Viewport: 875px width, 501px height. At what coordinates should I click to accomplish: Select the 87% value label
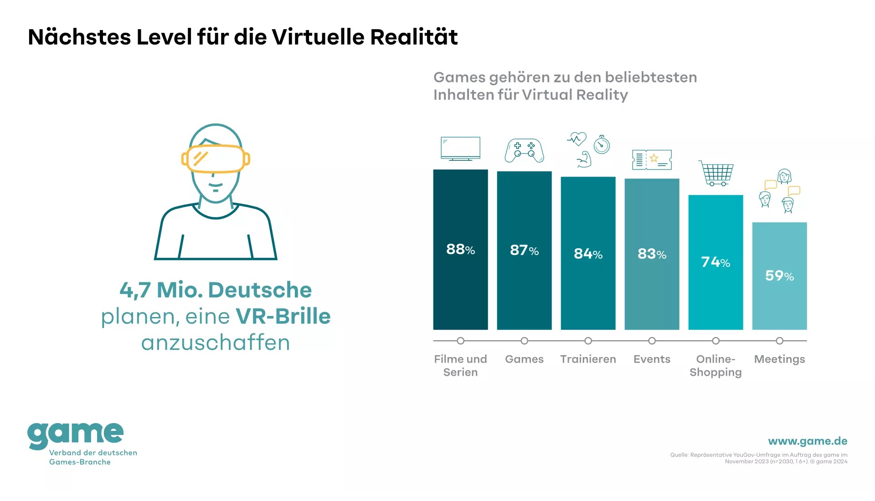tap(524, 250)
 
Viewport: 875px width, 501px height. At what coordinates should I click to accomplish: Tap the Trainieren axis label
tap(588, 359)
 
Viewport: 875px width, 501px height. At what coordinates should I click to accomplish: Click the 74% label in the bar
tap(715, 262)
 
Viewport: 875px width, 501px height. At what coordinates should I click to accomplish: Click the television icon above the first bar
tap(460, 148)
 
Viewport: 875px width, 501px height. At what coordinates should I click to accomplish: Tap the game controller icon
tap(524, 151)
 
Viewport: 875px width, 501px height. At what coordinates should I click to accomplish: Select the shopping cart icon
tap(716, 173)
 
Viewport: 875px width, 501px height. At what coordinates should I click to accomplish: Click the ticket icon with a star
tap(652, 159)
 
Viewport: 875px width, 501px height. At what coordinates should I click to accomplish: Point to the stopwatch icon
tap(602, 144)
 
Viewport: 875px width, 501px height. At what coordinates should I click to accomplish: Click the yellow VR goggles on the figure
tap(216, 159)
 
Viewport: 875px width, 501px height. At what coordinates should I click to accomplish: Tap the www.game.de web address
tap(808, 441)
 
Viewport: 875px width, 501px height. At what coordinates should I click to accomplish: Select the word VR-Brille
tap(283, 316)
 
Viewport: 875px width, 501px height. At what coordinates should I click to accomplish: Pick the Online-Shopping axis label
tap(715, 366)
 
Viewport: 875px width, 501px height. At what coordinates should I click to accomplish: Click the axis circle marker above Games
tap(524, 341)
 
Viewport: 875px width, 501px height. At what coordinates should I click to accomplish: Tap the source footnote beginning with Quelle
tap(759, 458)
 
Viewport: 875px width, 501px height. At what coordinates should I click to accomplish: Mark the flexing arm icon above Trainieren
tap(584, 160)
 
